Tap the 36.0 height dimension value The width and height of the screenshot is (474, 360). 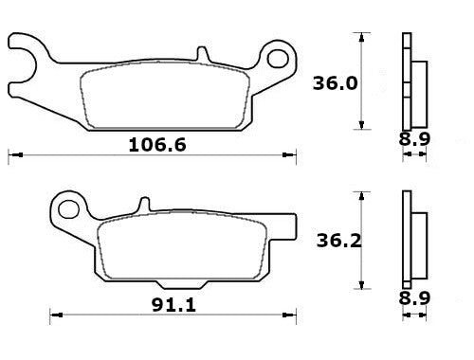(x=335, y=82)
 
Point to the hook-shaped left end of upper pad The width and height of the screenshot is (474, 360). (x=24, y=57)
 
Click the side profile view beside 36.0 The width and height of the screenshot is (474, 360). (x=412, y=81)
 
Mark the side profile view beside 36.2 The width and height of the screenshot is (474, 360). (x=412, y=240)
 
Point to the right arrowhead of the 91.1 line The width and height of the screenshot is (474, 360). (x=294, y=312)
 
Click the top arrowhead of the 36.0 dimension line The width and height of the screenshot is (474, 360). (x=360, y=35)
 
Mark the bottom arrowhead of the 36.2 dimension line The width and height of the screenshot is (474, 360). (x=360, y=287)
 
